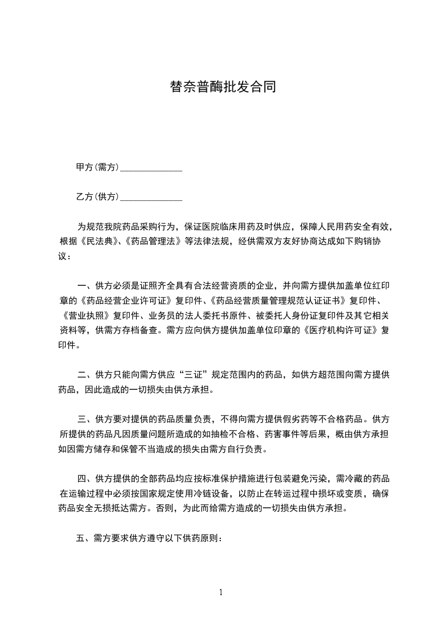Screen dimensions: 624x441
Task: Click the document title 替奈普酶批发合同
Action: point(222,87)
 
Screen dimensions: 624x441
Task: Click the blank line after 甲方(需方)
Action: point(151,167)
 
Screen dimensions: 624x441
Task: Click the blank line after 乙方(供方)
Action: point(151,197)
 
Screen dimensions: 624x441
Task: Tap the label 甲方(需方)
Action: point(97,167)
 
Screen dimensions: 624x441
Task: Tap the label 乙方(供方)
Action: point(97,197)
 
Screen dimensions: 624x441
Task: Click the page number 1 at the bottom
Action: point(221,592)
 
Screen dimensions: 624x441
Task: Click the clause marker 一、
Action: point(85,286)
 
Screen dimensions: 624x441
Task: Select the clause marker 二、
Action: point(85,375)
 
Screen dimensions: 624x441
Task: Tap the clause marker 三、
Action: point(85,419)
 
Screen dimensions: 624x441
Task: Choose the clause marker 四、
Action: point(85,479)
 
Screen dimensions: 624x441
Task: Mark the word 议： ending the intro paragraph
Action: point(65,256)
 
